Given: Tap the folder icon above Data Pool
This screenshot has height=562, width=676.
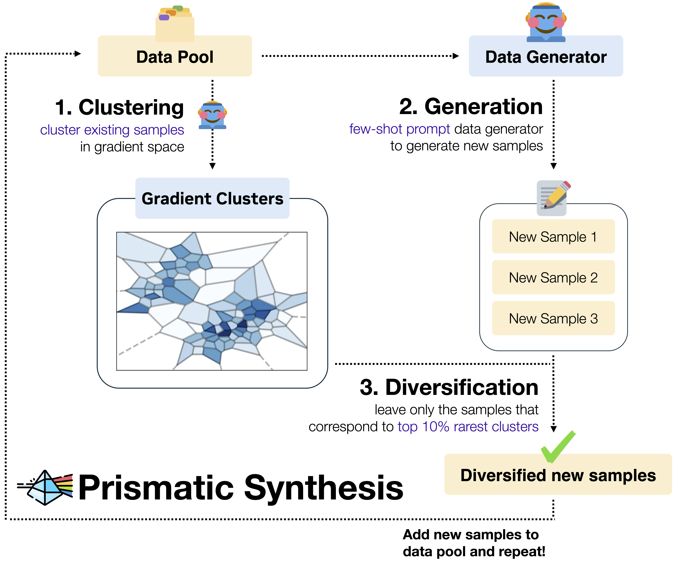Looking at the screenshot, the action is click(175, 23).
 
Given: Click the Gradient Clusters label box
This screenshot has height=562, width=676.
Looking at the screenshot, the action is click(212, 198).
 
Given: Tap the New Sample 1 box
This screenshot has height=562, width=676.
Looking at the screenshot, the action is click(553, 237).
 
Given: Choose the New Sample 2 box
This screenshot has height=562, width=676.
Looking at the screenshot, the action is click(553, 277).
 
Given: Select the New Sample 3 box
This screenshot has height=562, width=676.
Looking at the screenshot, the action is click(553, 318).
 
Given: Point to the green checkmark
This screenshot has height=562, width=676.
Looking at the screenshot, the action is click(558, 447).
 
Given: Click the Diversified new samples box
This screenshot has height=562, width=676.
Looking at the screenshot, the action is click(558, 474).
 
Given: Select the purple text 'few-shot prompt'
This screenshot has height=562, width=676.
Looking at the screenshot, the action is click(399, 129).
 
